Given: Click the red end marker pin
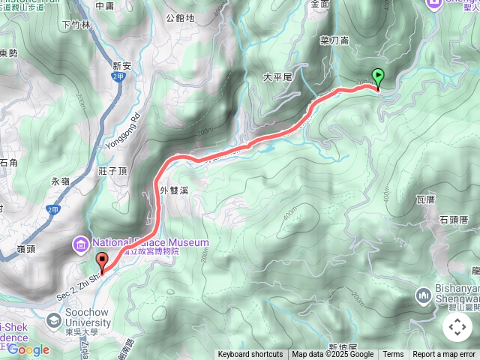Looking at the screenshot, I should point(102,262).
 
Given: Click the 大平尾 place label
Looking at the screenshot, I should point(277,77).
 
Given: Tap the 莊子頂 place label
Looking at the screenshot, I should point(112,171).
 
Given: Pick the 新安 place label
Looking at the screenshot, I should point(122,66).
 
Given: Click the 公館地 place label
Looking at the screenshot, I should point(179,17).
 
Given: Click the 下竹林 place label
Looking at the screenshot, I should point(76,25).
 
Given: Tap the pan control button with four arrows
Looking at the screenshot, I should point(457,327).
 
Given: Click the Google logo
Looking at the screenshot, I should point(28,349).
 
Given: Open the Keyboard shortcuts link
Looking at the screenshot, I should point(250,355).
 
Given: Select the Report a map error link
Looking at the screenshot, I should point(444,355).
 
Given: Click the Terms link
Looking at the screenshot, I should point(393,355).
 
